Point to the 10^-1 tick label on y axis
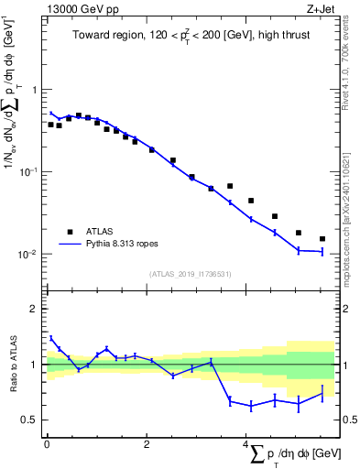pos(29,171)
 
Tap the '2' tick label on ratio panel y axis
pos(35,310)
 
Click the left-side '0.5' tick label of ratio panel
pos(31,420)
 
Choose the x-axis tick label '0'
pos(47,446)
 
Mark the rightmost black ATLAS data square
pos(322,239)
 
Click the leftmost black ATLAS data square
pos(50,124)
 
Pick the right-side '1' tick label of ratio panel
pos(344,365)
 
